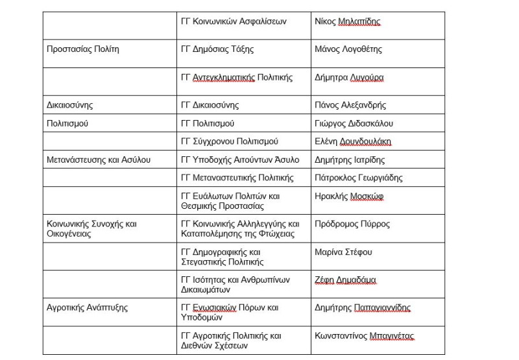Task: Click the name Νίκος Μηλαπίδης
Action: (x=347, y=21)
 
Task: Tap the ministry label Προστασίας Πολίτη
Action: (x=83, y=49)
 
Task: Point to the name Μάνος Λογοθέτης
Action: (x=348, y=49)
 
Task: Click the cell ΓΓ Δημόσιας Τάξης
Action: (x=217, y=49)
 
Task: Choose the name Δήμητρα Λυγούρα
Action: (x=349, y=78)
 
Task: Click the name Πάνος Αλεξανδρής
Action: (x=350, y=105)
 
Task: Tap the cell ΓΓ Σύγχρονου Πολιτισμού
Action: (x=230, y=141)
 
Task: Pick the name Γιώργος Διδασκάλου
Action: (x=354, y=123)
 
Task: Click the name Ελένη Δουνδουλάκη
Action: (x=353, y=141)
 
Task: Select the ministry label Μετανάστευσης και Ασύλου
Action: (x=99, y=160)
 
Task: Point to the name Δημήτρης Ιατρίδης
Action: (x=350, y=160)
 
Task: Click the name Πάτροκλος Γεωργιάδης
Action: (x=359, y=178)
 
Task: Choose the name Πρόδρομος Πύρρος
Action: (x=352, y=224)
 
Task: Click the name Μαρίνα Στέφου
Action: (x=343, y=252)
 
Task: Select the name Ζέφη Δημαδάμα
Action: (x=345, y=280)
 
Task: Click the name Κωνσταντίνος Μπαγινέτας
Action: (x=365, y=336)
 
